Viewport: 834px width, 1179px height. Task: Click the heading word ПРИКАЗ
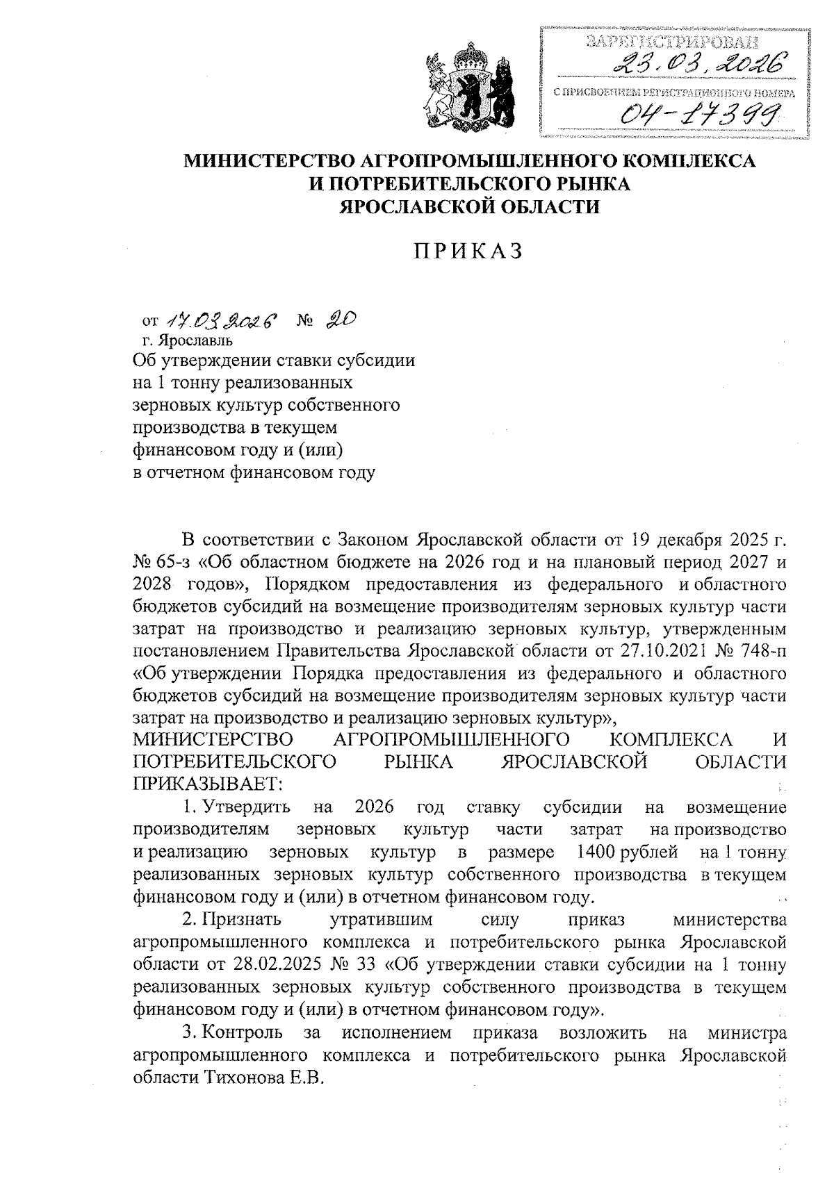point(468,252)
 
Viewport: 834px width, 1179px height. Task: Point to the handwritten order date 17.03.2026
point(220,320)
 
